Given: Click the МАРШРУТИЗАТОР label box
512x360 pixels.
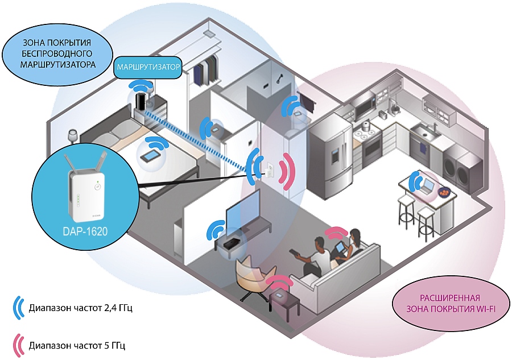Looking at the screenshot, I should (x=148, y=67).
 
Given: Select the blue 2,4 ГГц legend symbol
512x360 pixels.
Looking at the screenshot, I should (x=17, y=309).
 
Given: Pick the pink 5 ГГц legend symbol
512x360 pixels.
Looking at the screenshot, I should (x=17, y=345).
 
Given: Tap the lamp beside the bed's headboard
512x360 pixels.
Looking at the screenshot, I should (x=73, y=136).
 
